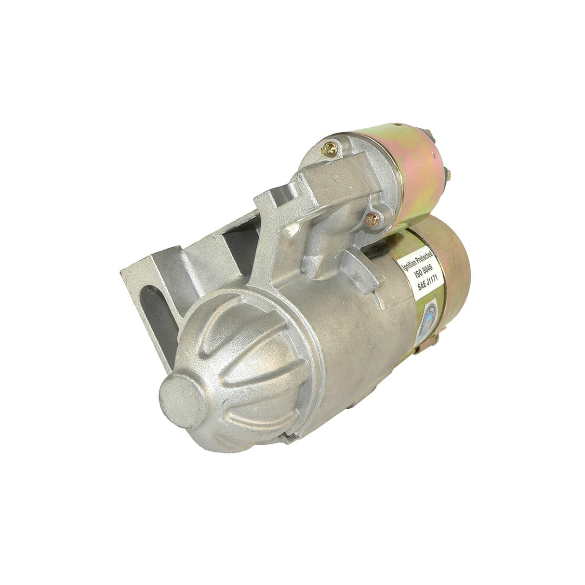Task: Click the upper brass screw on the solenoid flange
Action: pos(328,149)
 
